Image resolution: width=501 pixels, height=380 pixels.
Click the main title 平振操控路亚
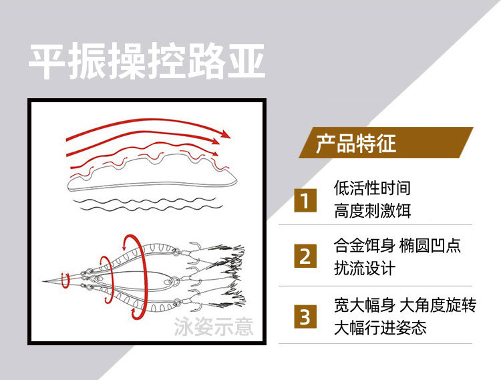point(147,61)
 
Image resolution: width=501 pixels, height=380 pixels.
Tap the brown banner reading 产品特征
point(385,142)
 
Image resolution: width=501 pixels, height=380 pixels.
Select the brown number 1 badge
point(305,200)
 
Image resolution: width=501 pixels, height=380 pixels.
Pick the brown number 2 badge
point(305,256)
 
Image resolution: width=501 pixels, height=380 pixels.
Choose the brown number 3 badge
point(305,317)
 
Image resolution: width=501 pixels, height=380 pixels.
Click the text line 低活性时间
point(372,188)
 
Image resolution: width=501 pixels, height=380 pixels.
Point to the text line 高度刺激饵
point(372,211)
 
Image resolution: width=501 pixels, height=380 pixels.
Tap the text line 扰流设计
point(365,268)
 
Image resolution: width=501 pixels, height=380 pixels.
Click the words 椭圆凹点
point(430,245)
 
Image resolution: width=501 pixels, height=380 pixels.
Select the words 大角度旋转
point(438,305)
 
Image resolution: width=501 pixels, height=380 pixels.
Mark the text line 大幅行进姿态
point(380,328)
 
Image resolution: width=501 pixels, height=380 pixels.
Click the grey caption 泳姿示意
point(214,327)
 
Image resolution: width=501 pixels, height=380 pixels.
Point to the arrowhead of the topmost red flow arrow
point(225,134)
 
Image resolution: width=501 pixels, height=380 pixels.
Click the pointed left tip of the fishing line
point(43,281)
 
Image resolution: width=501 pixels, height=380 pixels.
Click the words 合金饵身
point(365,245)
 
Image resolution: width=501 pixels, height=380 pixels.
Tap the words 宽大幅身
point(365,305)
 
